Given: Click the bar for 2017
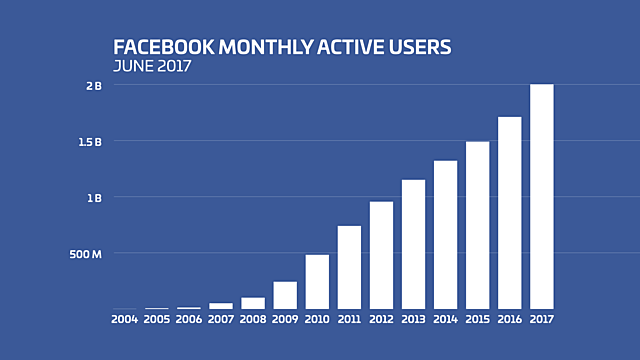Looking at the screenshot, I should [x=541, y=196].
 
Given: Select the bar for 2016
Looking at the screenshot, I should [x=509, y=213].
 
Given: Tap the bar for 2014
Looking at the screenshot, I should [x=445, y=235].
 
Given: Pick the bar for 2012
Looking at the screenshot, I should [x=381, y=255].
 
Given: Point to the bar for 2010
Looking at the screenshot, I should [x=317, y=282].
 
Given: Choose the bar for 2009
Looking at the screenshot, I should [x=285, y=295].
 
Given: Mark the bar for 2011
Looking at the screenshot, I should [x=349, y=267].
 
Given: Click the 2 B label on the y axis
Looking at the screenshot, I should [x=93, y=86].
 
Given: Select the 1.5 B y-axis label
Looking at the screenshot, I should [x=90, y=142].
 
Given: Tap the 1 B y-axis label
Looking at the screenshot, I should [x=93, y=197].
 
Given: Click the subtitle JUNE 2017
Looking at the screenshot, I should [x=152, y=67].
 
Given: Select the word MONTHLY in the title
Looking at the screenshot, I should [x=243, y=48].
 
